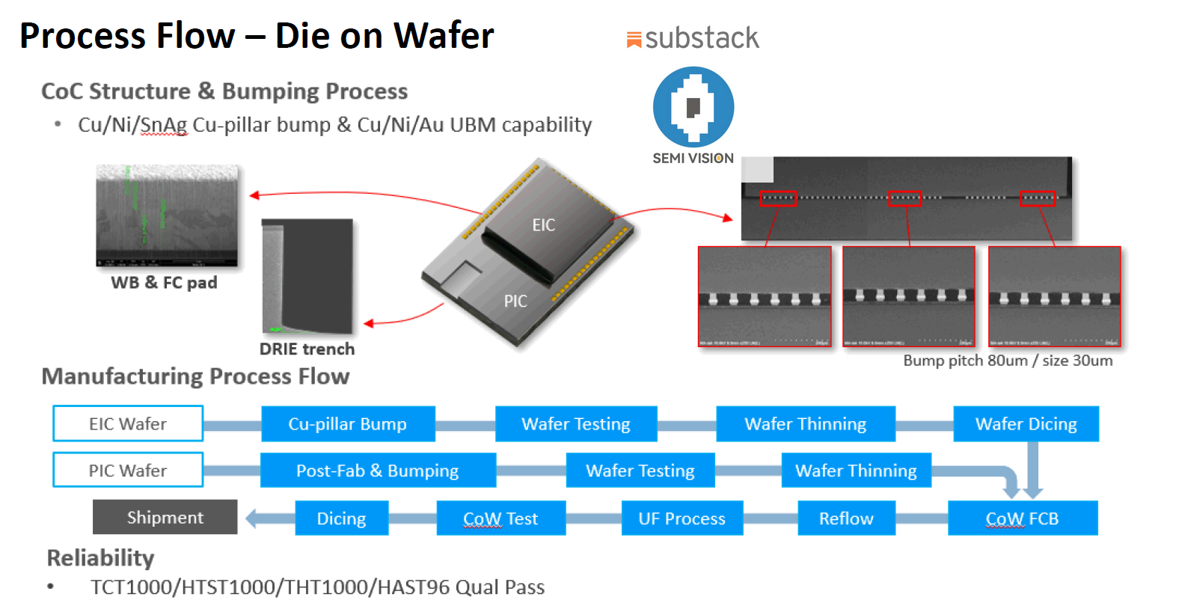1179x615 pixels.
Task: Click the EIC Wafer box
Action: [x=128, y=423]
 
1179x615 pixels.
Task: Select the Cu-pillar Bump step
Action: [x=348, y=423]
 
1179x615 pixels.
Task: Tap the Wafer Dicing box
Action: [x=1026, y=423]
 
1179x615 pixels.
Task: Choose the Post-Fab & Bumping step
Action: [x=378, y=470]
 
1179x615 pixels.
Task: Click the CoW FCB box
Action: [x=1022, y=518]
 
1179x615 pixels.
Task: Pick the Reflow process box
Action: [x=846, y=518]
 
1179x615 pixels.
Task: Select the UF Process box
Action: [x=682, y=518]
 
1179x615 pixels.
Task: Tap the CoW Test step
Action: [x=500, y=518]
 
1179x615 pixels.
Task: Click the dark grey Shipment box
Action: [x=165, y=517]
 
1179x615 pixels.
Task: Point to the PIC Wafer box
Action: [x=128, y=470]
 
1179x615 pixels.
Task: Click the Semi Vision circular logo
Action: [x=693, y=107]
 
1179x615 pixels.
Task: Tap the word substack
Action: [x=701, y=38]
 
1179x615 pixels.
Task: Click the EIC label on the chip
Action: [x=544, y=225]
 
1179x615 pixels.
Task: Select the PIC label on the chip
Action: [x=515, y=301]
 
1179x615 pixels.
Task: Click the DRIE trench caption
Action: [x=307, y=349]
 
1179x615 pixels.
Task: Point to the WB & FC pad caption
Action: [x=164, y=283]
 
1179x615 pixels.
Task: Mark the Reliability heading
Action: [x=100, y=558]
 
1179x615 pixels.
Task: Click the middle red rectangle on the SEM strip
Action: [x=904, y=198]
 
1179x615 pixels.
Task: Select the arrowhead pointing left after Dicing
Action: [x=252, y=518]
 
